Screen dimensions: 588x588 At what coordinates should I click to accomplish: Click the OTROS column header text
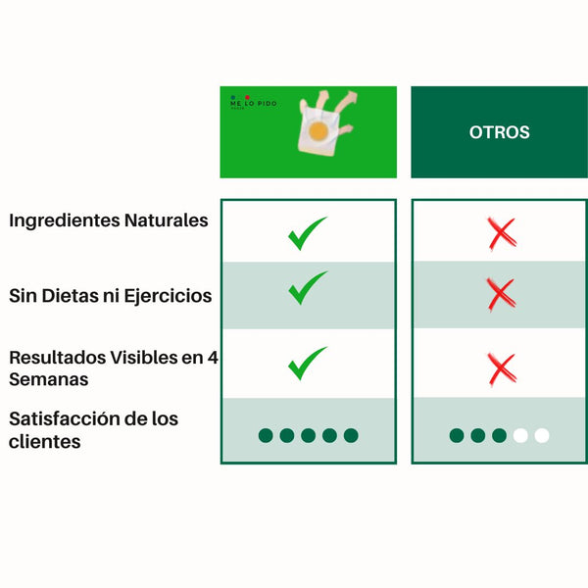tap(499, 132)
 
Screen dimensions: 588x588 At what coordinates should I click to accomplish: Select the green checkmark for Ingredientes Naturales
tap(307, 234)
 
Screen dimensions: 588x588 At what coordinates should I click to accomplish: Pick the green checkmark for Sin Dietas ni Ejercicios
tap(307, 288)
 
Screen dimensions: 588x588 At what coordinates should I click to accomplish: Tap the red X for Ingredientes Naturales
tap(501, 233)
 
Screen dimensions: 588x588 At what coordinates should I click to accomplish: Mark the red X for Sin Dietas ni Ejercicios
tap(500, 293)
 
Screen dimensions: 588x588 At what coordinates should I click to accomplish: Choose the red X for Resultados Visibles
tap(501, 368)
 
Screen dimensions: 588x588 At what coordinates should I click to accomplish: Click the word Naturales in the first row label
tap(166, 220)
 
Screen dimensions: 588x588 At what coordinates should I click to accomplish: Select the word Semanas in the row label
tap(49, 379)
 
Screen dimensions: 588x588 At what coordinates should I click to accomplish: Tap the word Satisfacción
tap(68, 418)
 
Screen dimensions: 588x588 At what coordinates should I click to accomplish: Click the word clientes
tap(44, 442)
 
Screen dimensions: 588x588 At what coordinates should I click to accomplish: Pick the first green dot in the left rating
tap(266, 435)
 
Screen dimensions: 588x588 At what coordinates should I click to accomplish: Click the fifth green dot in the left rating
tap(351, 435)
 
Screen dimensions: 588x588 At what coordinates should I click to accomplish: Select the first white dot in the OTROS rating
tap(520, 435)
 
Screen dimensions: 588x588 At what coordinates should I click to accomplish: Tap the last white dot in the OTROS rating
tap(542, 435)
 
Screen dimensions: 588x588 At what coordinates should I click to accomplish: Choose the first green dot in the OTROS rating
tap(457, 435)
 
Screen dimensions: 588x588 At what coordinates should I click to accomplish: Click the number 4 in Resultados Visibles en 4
tap(213, 358)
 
